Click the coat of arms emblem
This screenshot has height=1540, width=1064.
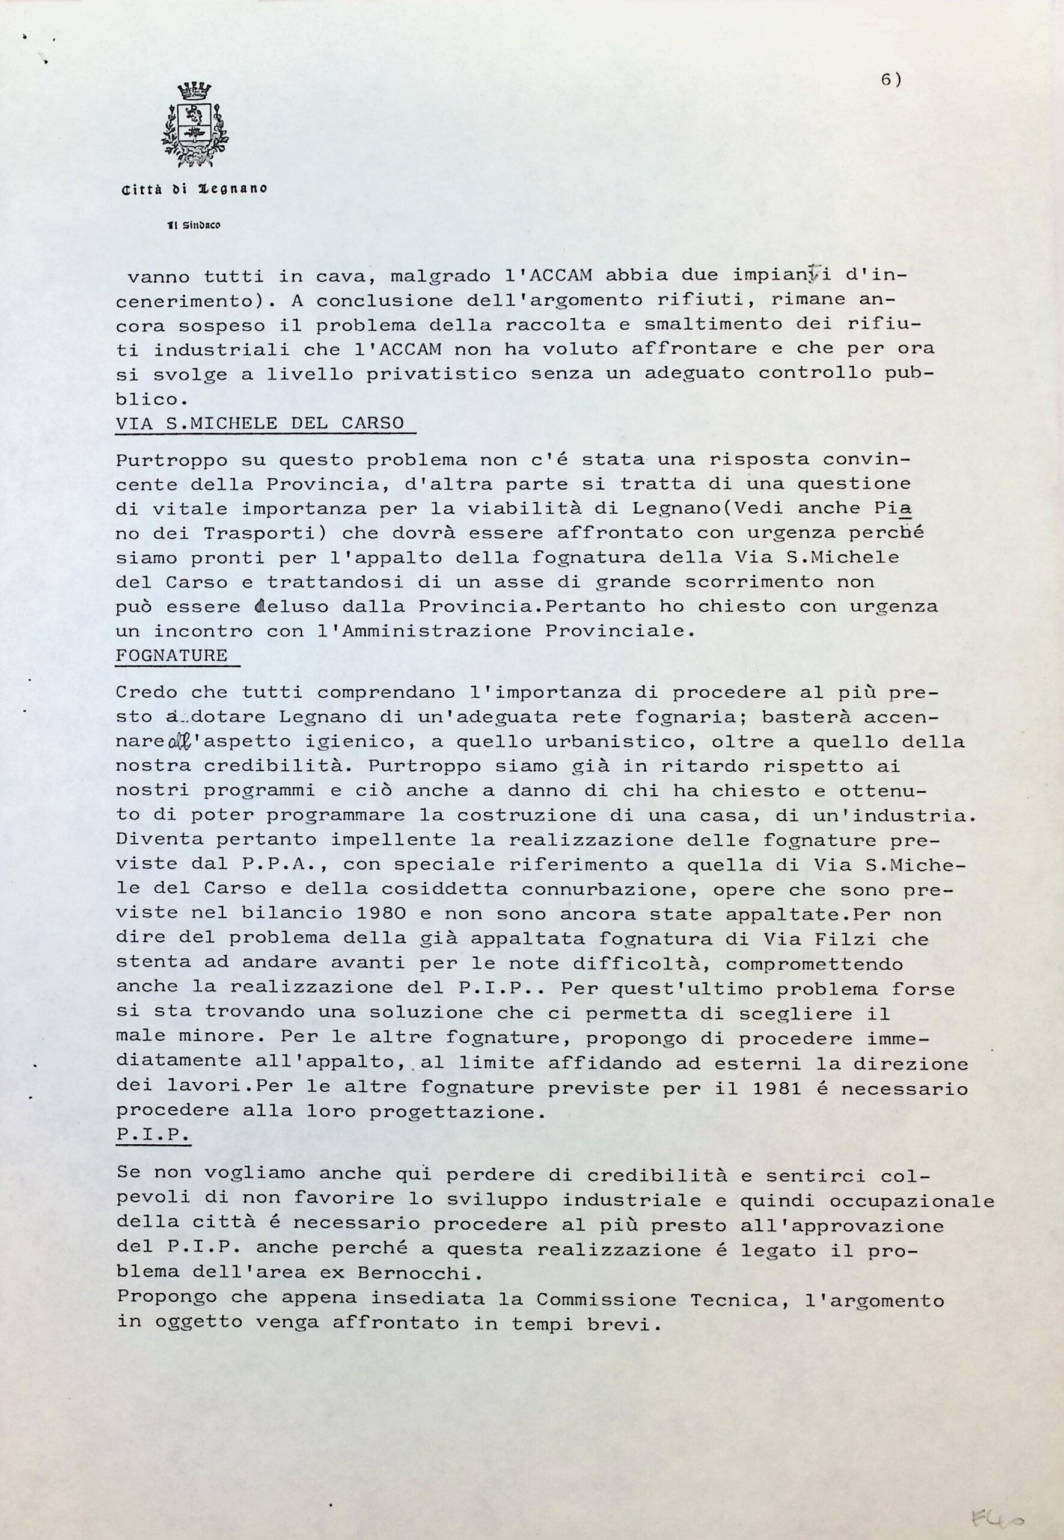point(195,125)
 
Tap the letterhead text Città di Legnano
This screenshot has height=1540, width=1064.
point(194,189)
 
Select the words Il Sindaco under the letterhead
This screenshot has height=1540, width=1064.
point(195,226)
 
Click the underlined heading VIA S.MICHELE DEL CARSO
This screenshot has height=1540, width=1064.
point(260,423)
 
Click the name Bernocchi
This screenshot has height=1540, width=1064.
point(418,1272)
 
